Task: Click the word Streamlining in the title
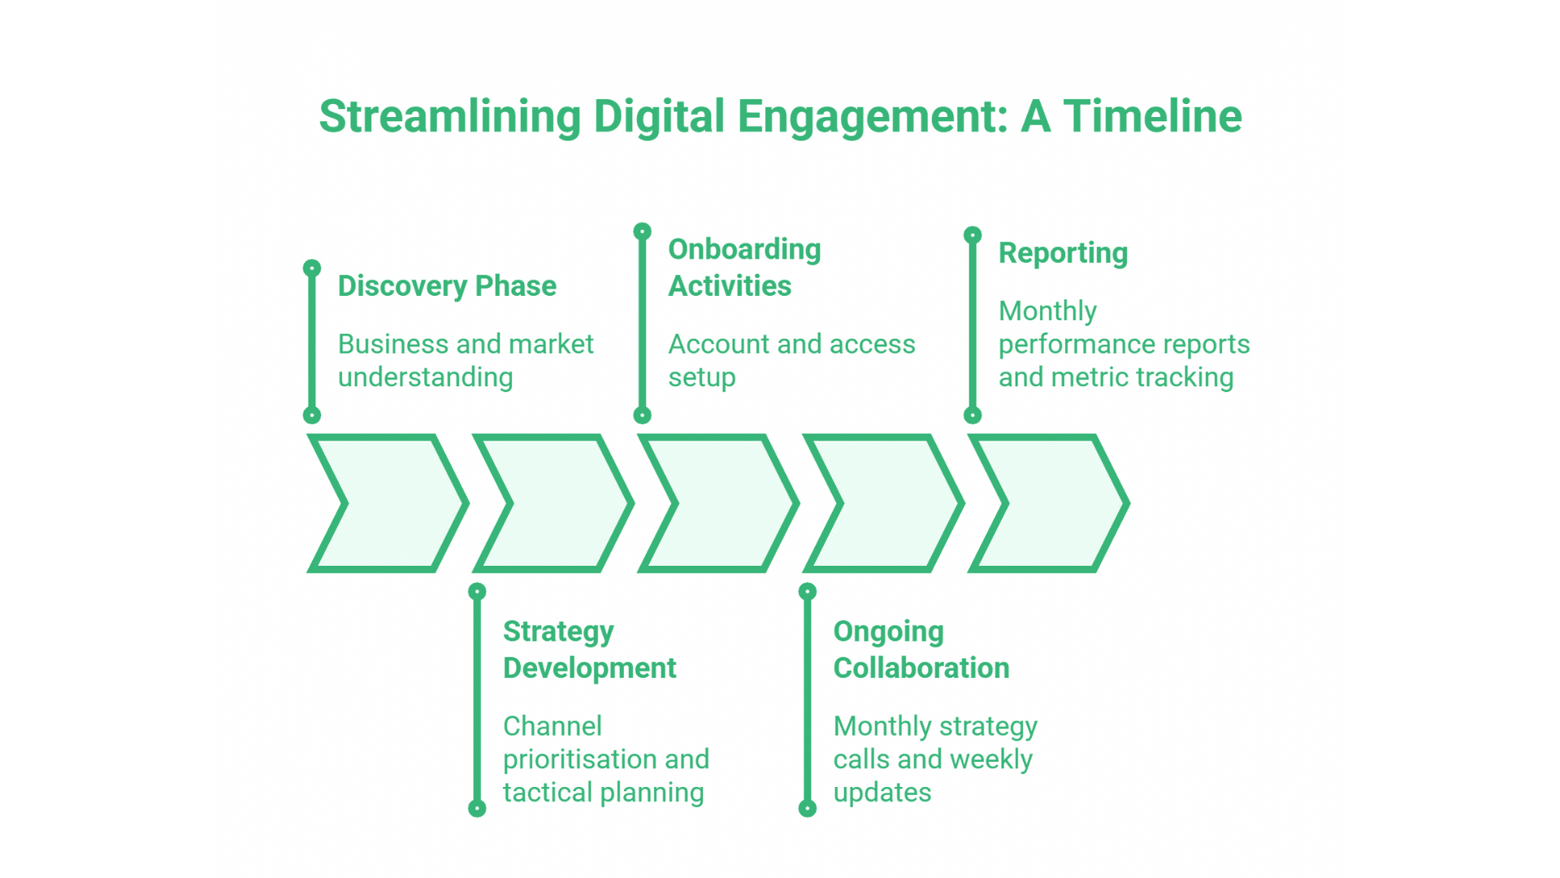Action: tap(449, 117)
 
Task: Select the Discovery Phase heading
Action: tap(447, 286)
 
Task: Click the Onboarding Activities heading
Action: tap(744, 267)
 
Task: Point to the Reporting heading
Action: tap(1063, 253)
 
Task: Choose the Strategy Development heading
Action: tap(589, 650)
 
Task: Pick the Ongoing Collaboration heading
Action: tap(921, 650)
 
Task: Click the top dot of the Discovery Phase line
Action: tap(312, 268)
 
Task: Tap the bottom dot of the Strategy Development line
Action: tap(477, 809)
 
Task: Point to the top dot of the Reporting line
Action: tap(973, 235)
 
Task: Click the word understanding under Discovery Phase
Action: tap(425, 378)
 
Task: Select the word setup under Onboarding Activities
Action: tap(702, 378)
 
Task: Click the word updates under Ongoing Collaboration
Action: tap(882, 793)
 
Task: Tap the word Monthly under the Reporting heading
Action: tap(1047, 311)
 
